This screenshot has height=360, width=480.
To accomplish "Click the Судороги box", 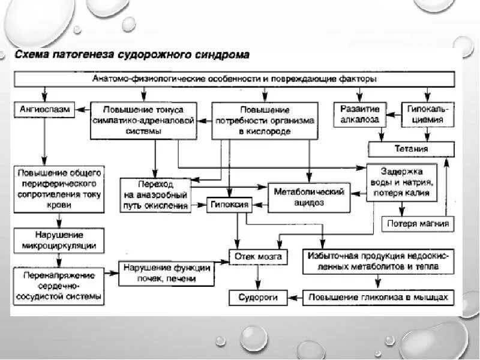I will [257, 297].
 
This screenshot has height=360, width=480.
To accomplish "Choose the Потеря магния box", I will [418, 224].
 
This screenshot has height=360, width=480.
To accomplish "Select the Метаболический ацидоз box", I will [308, 197].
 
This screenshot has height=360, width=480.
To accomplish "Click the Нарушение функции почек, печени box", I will [167, 273].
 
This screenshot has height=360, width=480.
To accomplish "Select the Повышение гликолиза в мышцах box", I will [378, 297].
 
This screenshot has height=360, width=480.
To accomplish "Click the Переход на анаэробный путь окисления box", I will [155, 195].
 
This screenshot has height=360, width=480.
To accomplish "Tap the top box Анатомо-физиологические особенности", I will [235, 79].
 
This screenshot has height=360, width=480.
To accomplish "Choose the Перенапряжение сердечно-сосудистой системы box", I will [59, 285].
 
